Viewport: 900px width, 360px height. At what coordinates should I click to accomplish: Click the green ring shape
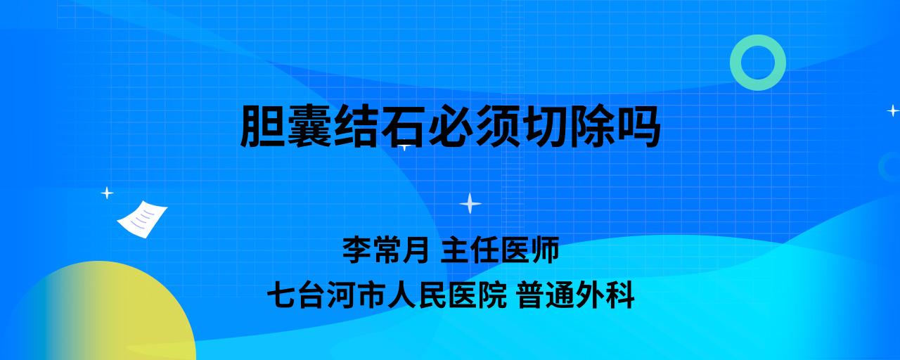pos(736,63)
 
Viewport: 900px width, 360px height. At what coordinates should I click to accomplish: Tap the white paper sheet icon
pos(142,219)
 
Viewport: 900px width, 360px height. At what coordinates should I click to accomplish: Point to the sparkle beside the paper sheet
pos(107,193)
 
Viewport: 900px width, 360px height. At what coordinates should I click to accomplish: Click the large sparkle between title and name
pos(470,203)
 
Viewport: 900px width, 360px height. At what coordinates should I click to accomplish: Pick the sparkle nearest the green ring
pos(893,110)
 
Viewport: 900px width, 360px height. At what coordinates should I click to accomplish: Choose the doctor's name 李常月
pos(386,250)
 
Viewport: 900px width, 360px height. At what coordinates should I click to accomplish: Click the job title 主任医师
pos(500,250)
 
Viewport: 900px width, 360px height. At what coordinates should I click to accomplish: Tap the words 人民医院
pos(446,295)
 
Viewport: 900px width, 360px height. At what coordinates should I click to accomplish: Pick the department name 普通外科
pos(576,295)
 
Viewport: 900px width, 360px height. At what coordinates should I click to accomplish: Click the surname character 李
pos(356,250)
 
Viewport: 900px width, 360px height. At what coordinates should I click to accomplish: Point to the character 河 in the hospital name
pos(341,295)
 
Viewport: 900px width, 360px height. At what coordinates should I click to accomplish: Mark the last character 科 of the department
pos(620,295)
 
